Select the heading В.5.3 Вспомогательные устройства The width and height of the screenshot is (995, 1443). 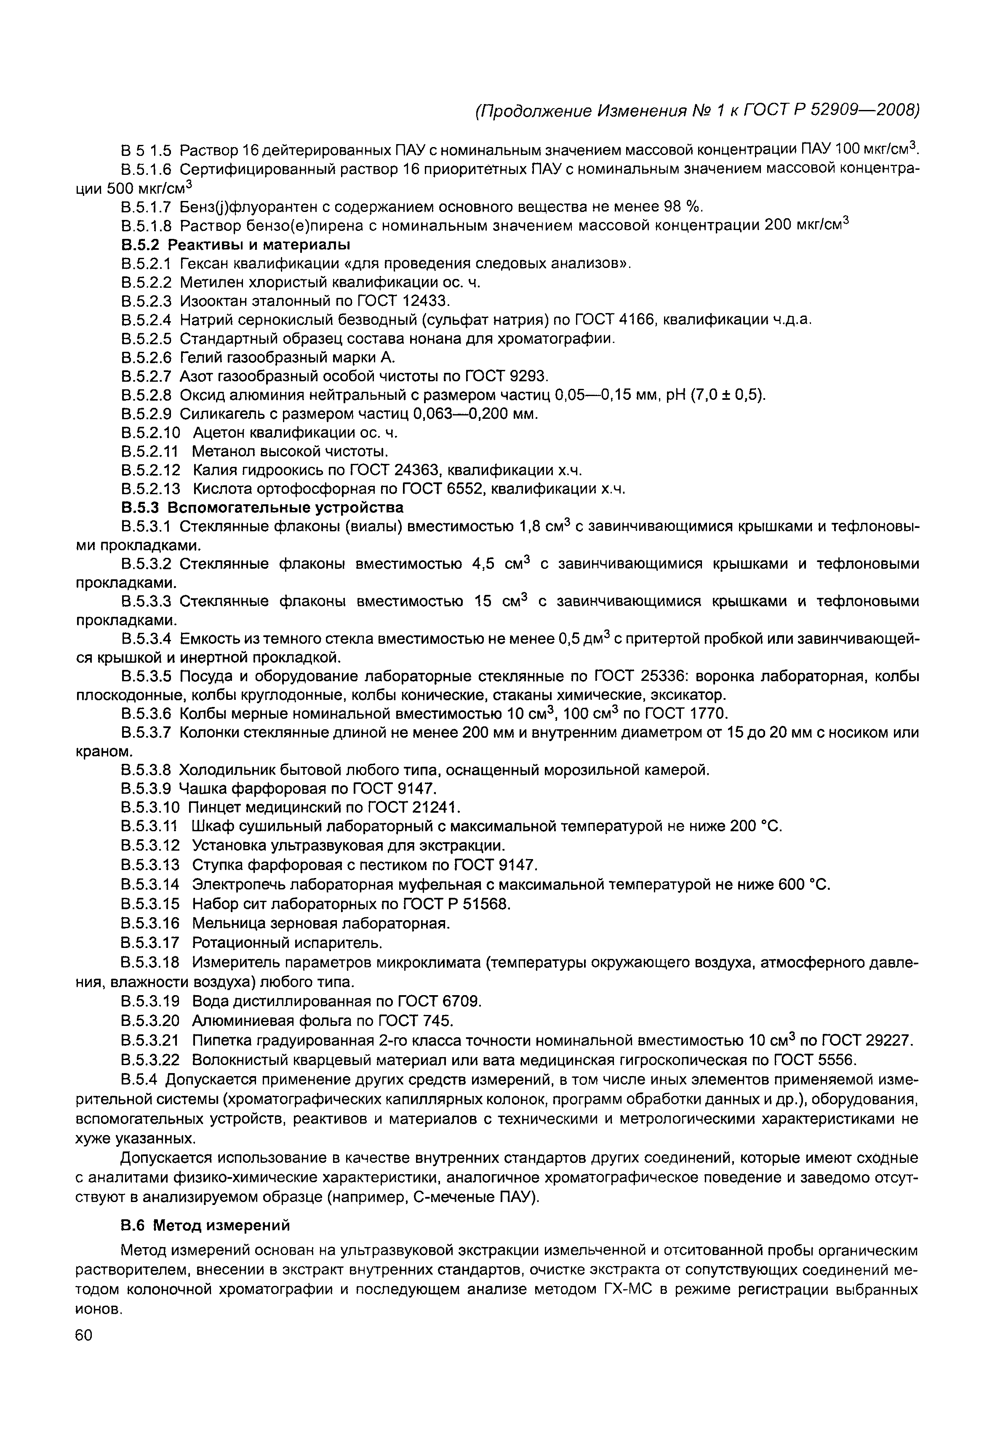(x=262, y=507)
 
